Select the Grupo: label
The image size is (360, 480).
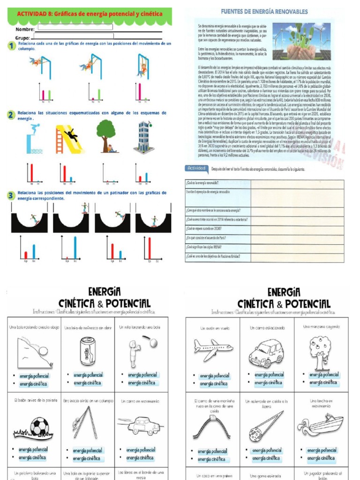point(23,38)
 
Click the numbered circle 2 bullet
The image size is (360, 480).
point(10,114)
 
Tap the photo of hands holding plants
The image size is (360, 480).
point(300,41)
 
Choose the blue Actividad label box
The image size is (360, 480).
point(196,168)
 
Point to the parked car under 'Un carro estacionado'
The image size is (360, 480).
point(267,352)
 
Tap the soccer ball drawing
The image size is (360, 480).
point(39,426)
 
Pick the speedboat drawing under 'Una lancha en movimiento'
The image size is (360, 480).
point(321,425)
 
